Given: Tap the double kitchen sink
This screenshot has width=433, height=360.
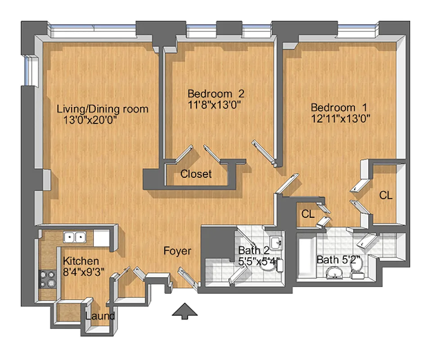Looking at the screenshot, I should coord(75,237).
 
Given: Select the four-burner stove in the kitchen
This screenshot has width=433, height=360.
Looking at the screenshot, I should coord(47,279).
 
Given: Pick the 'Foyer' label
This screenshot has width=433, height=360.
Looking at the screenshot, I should coord(177,251).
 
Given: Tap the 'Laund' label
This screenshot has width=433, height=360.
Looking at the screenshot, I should coord(100,316).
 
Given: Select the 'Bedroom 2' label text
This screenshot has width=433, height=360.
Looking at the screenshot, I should coord(216,94).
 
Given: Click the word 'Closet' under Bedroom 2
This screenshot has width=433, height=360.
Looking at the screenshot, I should coord(196,174).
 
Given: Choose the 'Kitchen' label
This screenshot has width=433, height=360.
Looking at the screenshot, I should coord(81,261).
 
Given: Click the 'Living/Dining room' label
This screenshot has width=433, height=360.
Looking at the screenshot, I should coord(103,109).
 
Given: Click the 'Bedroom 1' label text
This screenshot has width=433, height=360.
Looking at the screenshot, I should coord(339,108).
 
